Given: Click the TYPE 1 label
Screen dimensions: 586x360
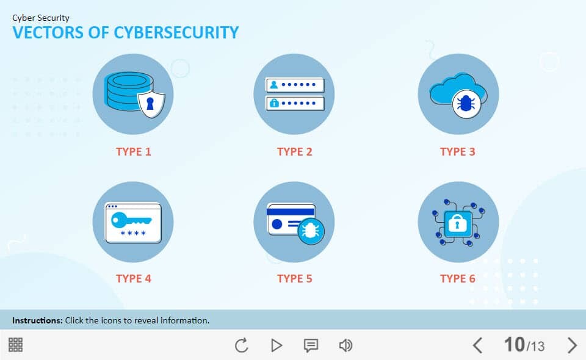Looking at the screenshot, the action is [134, 151].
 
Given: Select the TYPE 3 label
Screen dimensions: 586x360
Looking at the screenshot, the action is [457, 151].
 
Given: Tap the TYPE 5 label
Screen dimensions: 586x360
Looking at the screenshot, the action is [294, 279].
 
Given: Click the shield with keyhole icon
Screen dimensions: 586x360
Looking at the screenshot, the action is [151, 104].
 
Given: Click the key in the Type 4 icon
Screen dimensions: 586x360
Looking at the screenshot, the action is [131, 220].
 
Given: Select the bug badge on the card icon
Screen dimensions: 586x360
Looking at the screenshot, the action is [311, 231].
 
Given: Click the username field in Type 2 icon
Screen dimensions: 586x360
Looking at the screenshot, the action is [295, 85].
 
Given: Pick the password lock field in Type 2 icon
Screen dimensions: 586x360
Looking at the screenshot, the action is [295, 103].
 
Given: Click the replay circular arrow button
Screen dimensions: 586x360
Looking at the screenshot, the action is [242, 345].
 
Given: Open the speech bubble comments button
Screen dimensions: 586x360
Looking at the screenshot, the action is [311, 345].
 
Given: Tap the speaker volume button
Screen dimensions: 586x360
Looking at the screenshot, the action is [345, 345].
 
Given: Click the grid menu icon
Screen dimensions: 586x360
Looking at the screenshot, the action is [16, 345].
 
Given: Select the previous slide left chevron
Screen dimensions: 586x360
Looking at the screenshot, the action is [477, 345].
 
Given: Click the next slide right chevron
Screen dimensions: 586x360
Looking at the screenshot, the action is [572, 345].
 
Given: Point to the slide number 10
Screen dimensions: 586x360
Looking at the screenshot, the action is [515, 344].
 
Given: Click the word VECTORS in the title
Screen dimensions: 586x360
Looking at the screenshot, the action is [48, 32].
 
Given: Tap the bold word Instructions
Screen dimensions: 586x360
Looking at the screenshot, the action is [37, 320].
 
